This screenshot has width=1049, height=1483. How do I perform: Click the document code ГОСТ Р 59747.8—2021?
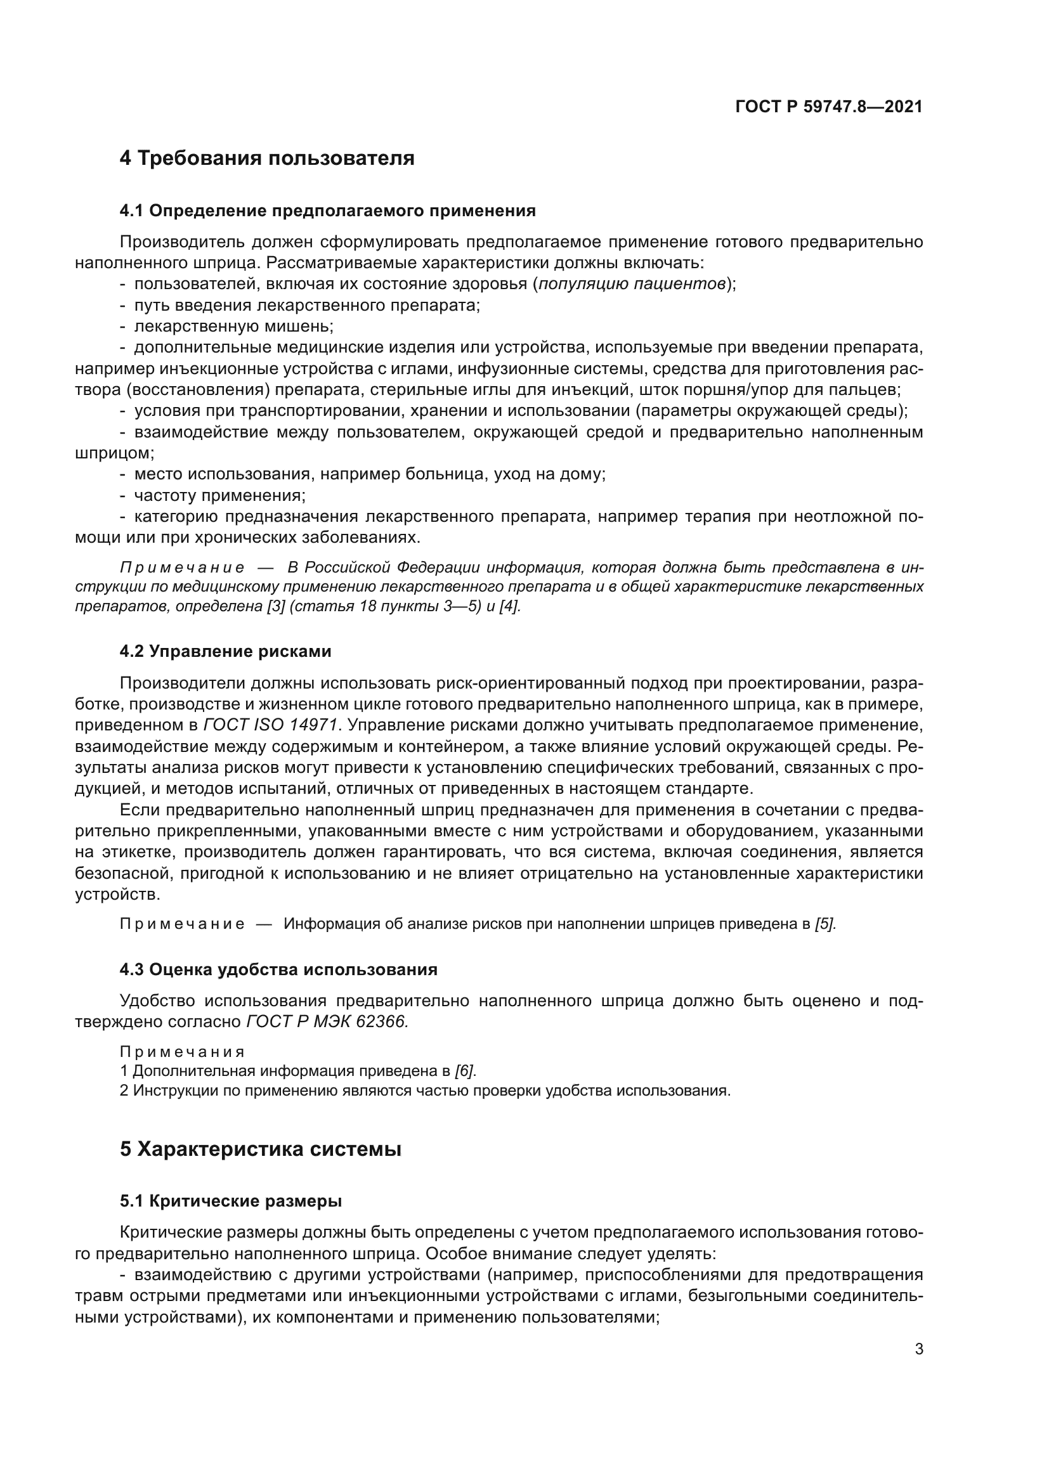click(x=829, y=107)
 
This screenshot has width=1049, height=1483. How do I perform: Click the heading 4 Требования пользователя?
click(x=267, y=158)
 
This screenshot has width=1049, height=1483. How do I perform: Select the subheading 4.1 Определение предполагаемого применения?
click(x=327, y=210)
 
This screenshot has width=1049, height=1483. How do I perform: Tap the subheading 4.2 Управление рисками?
click(x=225, y=651)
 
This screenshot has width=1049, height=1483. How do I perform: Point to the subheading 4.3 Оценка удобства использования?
click(x=278, y=969)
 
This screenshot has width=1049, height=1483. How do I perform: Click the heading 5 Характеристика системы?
click(x=260, y=1149)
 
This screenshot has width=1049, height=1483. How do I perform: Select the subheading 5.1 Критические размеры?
click(x=231, y=1201)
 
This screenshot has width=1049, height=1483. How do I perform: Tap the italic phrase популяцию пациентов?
click(x=631, y=284)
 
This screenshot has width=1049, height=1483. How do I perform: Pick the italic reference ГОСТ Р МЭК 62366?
click(x=327, y=1022)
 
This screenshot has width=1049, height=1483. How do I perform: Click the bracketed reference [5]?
click(x=826, y=924)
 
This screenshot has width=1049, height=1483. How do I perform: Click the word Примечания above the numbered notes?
click(x=182, y=1052)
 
